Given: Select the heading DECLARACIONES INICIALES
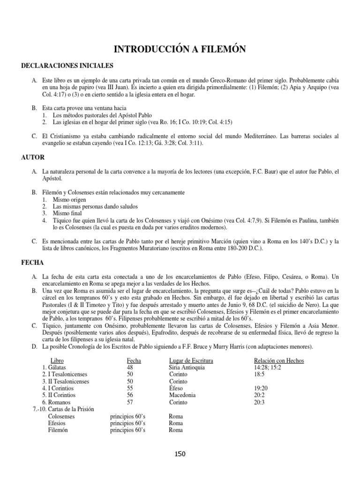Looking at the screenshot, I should [x=67, y=66].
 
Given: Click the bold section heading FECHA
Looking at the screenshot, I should [x=32, y=264].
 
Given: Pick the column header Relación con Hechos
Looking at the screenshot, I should [x=278, y=360].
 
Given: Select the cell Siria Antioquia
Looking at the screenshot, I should [x=187, y=367].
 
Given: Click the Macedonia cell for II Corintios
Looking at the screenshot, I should [x=183, y=395].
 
